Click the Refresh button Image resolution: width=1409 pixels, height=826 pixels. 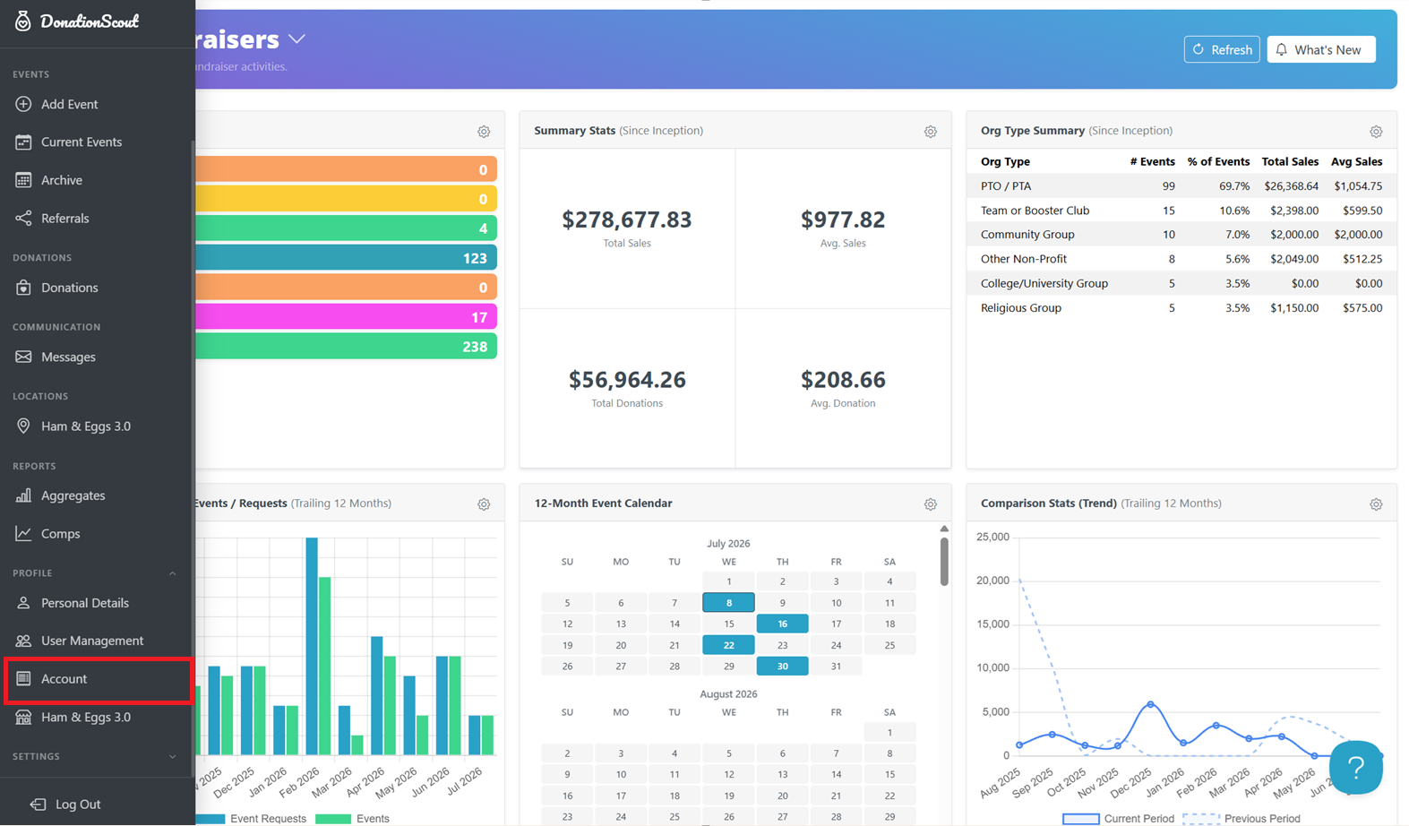pyautogui.click(x=1222, y=49)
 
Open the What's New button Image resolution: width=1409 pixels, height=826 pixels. pyautogui.click(x=1320, y=49)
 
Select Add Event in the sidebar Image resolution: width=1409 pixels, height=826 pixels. pyautogui.click(x=69, y=104)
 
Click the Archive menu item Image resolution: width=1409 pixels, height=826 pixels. pyautogui.click(x=62, y=180)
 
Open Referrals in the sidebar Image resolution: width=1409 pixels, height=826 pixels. pyautogui.click(x=64, y=219)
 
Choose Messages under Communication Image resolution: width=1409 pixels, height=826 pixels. pyautogui.click(x=68, y=357)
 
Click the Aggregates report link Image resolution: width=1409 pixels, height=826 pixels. pyautogui.click(x=73, y=495)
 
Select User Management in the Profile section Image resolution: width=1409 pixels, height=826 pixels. pyautogui.click(x=92, y=641)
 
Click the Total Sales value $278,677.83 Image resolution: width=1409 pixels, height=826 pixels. pyautogui.click(x=626, y=219)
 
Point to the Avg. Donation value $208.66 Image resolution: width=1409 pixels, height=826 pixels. pyautogui.click(x=843, y=379)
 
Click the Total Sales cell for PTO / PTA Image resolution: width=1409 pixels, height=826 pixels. pyautogui.click(x=1291, y=186)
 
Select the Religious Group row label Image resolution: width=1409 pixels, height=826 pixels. pyautogui.click(x=1020, y=307)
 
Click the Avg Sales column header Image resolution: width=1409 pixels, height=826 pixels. pyautogui.click(x=1356, y=161)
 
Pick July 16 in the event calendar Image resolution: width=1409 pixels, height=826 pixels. pyautogui.click(x=783, y=624)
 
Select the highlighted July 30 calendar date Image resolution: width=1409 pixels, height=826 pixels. pyautogui.click(x=783, y=667)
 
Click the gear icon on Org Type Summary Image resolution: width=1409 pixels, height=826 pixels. pyautogui.click(x=1376, y=132)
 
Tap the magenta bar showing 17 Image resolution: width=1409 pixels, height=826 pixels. pyautogui.click(x=346, y=316)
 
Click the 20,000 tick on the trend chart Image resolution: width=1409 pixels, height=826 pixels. pyautogui.click(x=992, y=580)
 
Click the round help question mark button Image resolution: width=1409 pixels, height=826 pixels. pyautogui.click(x=1355, y=767)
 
